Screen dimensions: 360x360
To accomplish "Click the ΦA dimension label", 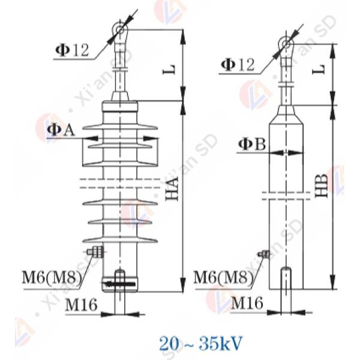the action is click(61, 130).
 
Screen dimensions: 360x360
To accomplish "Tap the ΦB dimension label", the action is click(252, 145).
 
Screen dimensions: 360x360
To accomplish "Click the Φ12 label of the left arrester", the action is click(72, 50).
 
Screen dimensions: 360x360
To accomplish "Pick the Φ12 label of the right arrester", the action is click(238, 65).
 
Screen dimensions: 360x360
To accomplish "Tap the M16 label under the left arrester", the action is click(82, 304).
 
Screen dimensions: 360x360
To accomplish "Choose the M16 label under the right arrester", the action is click(247, 303).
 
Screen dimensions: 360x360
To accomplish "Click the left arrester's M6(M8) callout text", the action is click(52, 278).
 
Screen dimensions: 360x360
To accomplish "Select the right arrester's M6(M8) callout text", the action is click(223, 277).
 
